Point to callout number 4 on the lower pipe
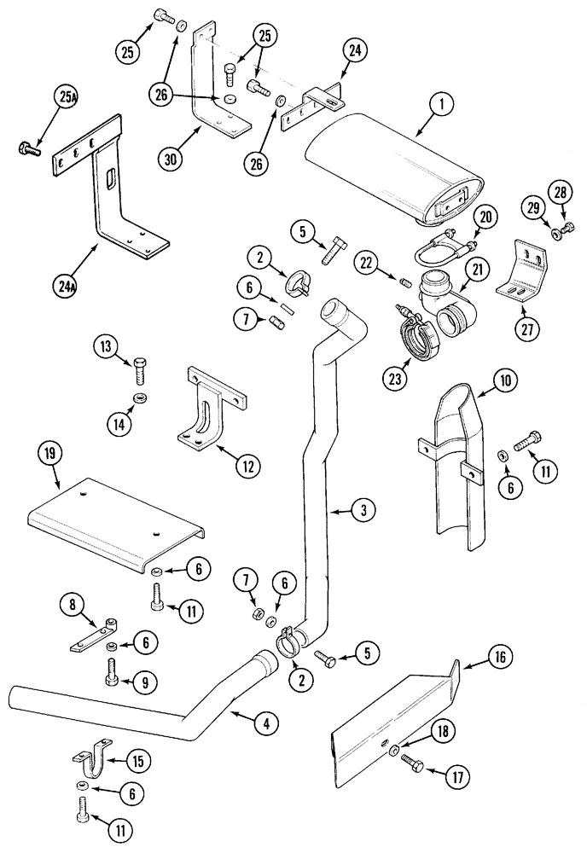(266, 724)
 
